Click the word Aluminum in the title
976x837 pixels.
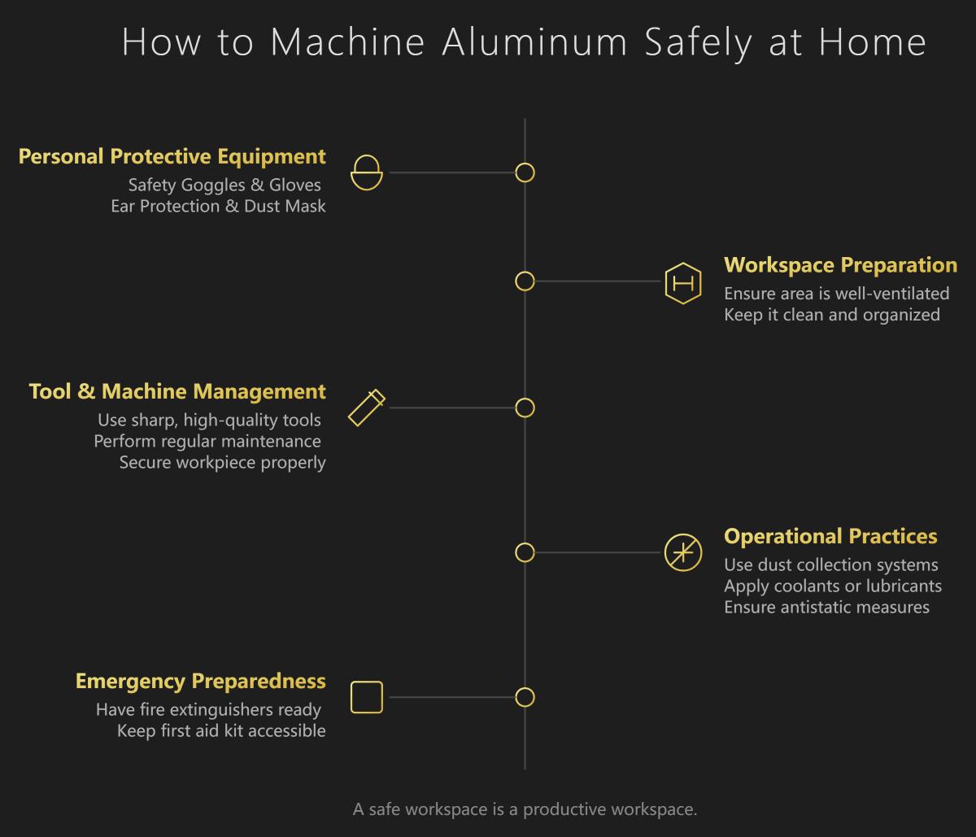(x=534, y=42)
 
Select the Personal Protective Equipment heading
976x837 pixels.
(x=172, y=156)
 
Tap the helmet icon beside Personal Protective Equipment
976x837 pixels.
(x=366, y=172)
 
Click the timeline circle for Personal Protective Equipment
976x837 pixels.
(x=525, y=172)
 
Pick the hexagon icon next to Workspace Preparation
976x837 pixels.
(x=682, y=283)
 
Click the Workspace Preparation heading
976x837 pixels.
(x=840, y=265)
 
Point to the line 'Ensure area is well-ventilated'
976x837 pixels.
(x=836, y=293)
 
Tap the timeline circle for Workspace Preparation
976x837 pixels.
(x=525, y=281)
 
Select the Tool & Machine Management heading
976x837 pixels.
(x=177, y=391)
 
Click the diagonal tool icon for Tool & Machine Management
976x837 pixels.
(x=366, y=408)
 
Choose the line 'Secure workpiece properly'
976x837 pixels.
(x=222, y=463)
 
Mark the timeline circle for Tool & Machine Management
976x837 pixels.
(x=525, y=408)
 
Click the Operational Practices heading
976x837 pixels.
(x=830, y=537)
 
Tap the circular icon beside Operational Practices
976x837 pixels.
(x=682, y=553)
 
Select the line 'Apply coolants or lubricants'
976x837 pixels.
(x=833, y=586)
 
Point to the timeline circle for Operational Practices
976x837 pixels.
(x=525, y=553)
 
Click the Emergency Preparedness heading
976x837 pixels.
(x=201, y=681)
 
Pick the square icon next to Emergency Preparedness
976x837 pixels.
(x=366, y=697)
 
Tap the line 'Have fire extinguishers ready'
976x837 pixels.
(x=208, y=709)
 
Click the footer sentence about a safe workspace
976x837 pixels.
(x=525, y=809)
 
